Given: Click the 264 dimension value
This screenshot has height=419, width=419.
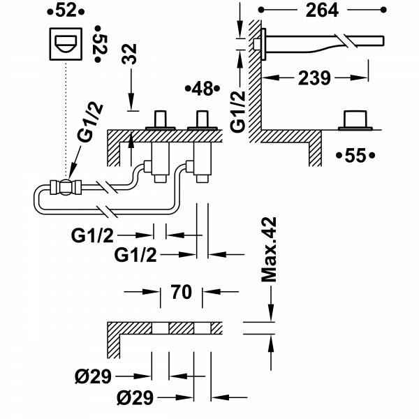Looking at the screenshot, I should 323,10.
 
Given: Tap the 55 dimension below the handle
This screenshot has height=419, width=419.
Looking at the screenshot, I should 356,155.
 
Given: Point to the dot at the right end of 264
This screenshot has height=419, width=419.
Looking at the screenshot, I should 383,10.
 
